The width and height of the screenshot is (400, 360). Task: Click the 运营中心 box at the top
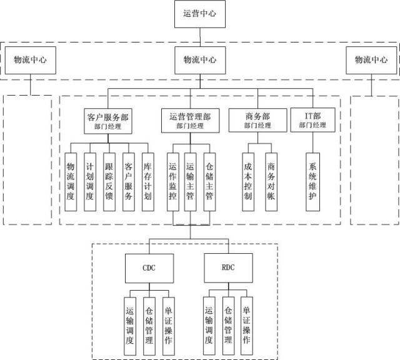tap(199, 13)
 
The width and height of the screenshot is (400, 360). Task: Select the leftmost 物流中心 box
tap(31, 61)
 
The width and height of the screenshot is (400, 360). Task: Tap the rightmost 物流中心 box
tap(371, 61)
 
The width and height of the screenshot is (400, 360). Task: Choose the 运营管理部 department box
tap(190, 119)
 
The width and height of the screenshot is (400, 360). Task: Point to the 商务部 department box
tap(257, 119)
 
